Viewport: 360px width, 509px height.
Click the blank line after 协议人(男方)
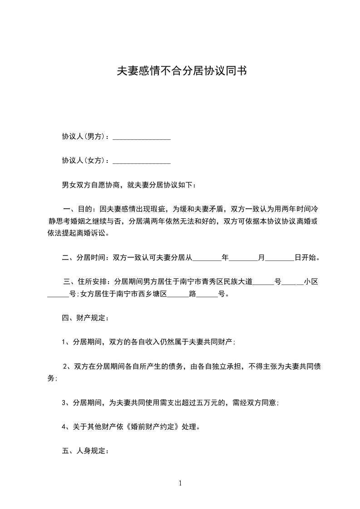pos(141,137)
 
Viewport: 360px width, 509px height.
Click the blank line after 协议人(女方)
pos(141,161)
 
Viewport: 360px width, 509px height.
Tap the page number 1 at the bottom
pos(180,483)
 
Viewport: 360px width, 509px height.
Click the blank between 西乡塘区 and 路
pos(178,294)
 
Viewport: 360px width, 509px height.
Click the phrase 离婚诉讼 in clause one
pos(94,234)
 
